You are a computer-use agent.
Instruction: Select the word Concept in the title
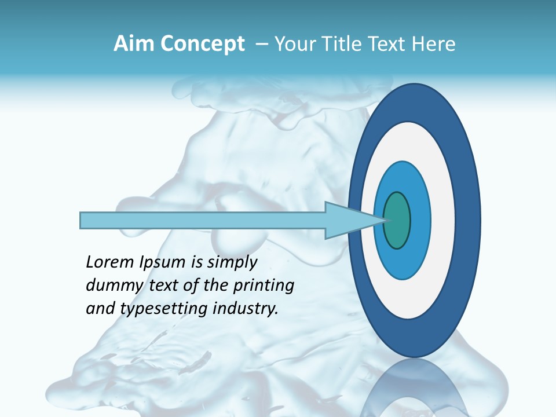(x=202, y=44)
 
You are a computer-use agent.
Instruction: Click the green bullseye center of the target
(x=396, y=221)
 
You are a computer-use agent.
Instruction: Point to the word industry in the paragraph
(x=246, y=309)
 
